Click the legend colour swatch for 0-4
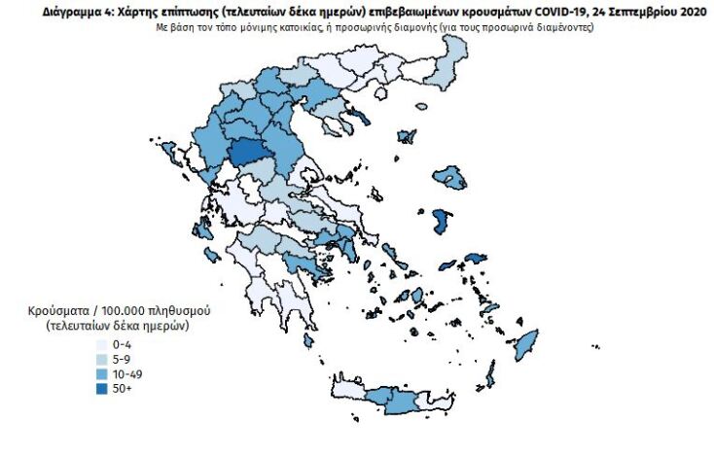100,346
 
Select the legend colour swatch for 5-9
100,360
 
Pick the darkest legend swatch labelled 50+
100,389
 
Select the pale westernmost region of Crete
348,389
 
